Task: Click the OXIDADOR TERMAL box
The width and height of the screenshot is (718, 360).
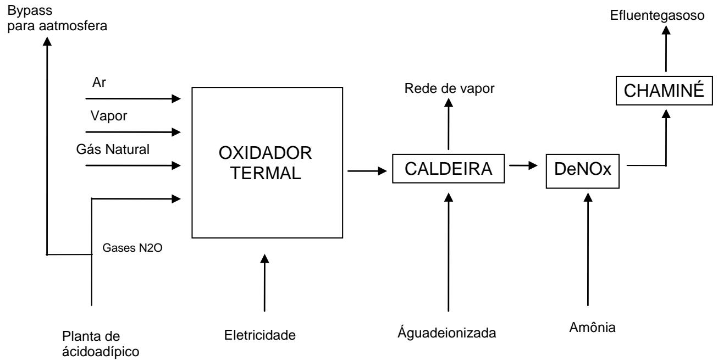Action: coord(266,163)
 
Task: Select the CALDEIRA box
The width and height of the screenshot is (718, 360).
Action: coord(449,170)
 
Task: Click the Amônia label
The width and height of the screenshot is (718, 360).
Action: coord(589,329)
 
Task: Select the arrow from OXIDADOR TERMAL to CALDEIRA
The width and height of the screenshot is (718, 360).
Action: coord(366,171)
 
